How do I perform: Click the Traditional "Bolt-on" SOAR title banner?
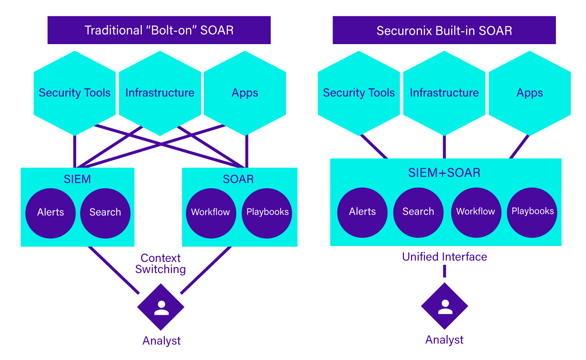tap(159, 30)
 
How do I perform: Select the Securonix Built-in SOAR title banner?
tap(444, 30)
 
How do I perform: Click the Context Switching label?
tap(161, 264)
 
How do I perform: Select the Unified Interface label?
tap(445, 257)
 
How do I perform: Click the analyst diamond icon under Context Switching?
tap(161, 307)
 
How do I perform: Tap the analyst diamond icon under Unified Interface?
tap(445, 306)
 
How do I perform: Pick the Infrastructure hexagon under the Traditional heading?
tap(160, 93)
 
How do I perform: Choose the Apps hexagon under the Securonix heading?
tap(530, 93)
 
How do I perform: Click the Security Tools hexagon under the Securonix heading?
tap(359, 93)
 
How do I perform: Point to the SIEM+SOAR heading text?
tap(444, 173)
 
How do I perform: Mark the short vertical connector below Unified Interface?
tap(445, 271)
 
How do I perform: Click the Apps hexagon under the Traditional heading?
tap(245, 93)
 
